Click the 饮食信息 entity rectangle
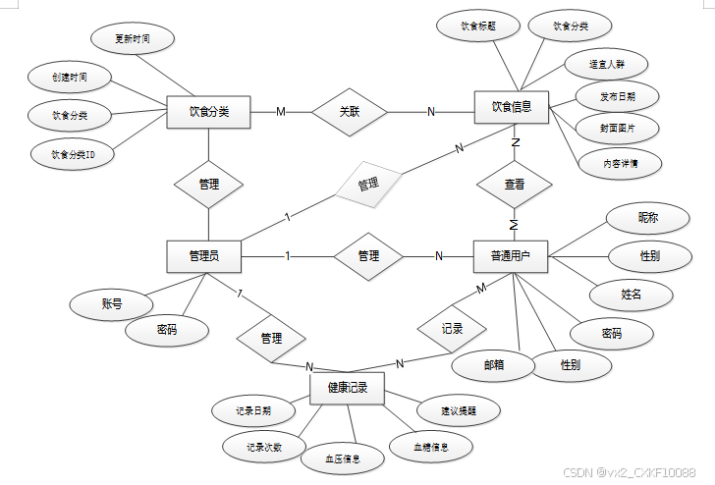point(512,107)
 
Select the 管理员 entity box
point(204,256)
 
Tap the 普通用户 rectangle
point(511,256)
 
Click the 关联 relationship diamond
point(349,112)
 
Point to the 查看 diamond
point(514,184)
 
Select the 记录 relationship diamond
point(452,328)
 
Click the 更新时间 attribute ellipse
point(133,39)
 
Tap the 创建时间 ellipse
point(69,77)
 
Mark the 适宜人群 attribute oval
point(606,64)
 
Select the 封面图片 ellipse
point(618,128)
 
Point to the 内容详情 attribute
point(620,163)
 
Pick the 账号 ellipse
point(112,304)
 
